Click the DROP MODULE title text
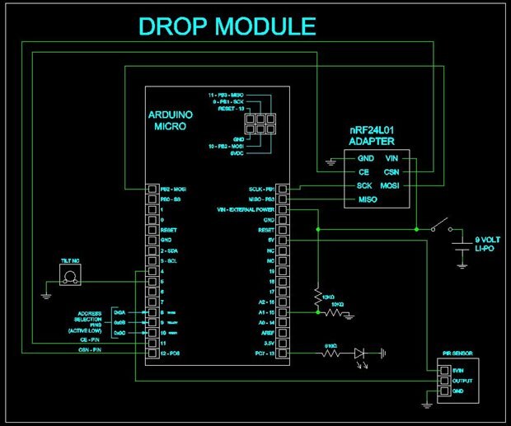[x=227, y=26]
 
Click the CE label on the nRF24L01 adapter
[x=363, y=172]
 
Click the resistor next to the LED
[x=331, y=354]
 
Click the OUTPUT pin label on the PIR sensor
[x=460, y=380]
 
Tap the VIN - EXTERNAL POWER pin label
[x=245, y=210]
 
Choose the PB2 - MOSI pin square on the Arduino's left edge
[x=152, y=190]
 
